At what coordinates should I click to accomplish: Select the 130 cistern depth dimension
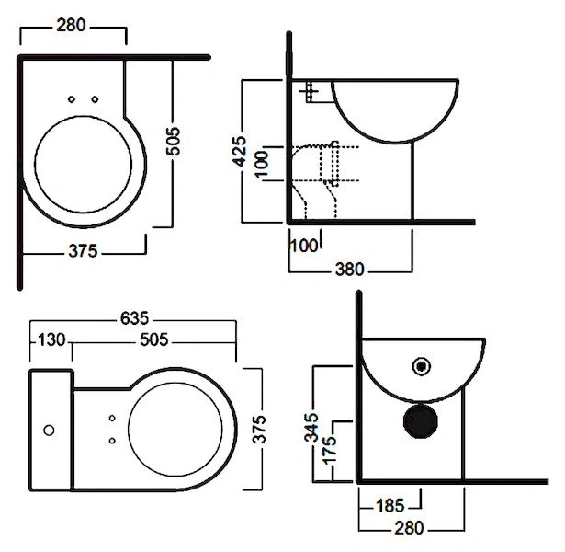pos(51,339)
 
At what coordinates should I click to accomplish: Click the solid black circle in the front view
pos(423,420)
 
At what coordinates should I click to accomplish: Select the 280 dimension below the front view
pos(409,528)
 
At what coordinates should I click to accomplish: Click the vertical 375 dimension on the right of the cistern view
pos(259,430)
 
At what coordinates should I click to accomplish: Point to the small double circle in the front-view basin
pos(422,365)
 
